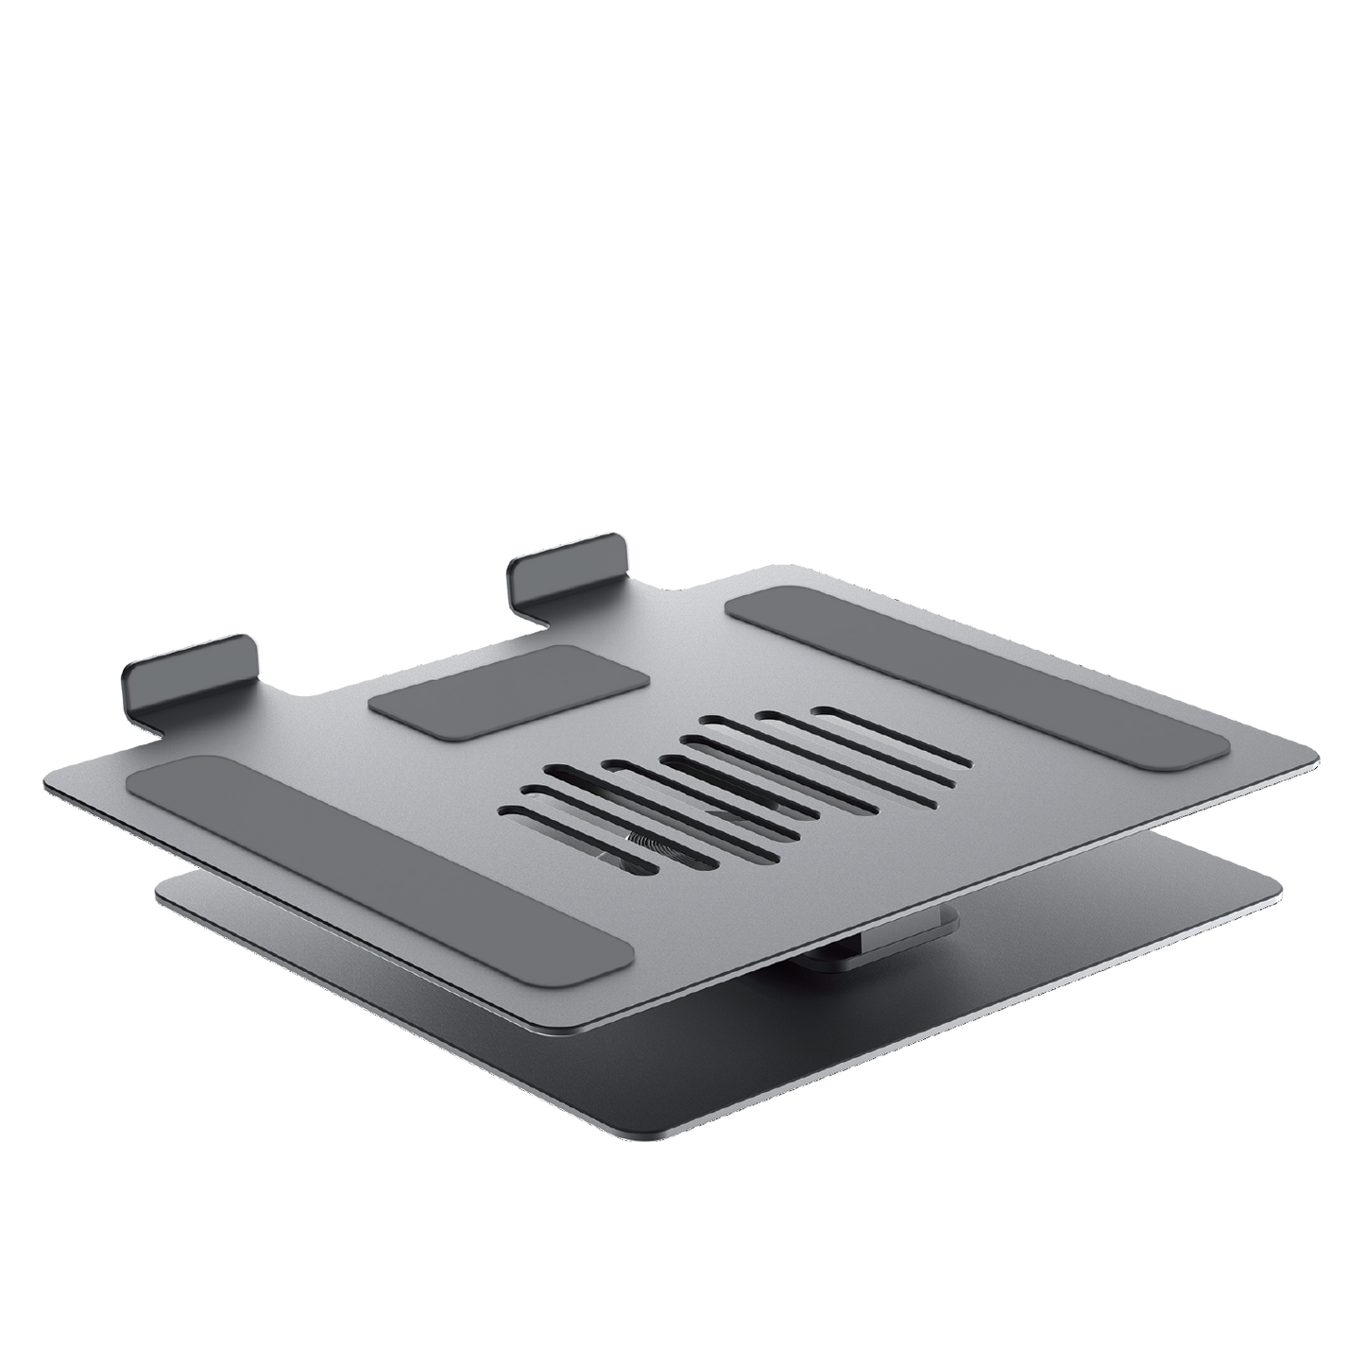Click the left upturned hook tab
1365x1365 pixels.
coord(189,671)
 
